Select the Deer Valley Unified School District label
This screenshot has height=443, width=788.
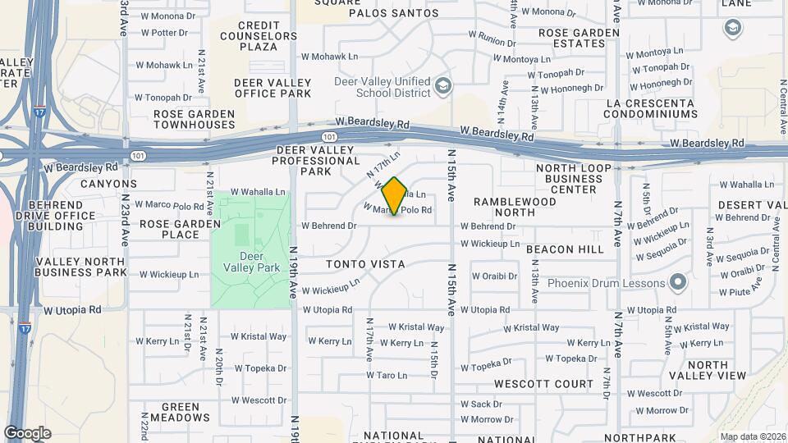click(x=383, y=87)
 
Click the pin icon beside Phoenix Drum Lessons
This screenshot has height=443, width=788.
click(x=677, y=283)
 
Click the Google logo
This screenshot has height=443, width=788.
click(x=27, y=433)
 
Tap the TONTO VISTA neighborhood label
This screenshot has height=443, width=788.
click(x=365, y=264)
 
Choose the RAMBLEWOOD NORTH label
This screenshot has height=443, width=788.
click(x=515, y=207)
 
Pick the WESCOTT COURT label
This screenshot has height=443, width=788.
click(x=543, y=384)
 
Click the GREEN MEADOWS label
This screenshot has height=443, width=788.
click(x=181, y=412)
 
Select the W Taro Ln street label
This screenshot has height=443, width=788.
click(x=386, y=376)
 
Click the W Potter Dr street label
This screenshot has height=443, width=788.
click(x=164, y=33)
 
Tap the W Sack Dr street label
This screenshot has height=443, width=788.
click(x=481, y=404)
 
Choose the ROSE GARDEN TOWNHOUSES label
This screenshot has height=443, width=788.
click(x=182, y=119)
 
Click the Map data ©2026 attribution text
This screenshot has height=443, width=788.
click(x=752, y=436)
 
